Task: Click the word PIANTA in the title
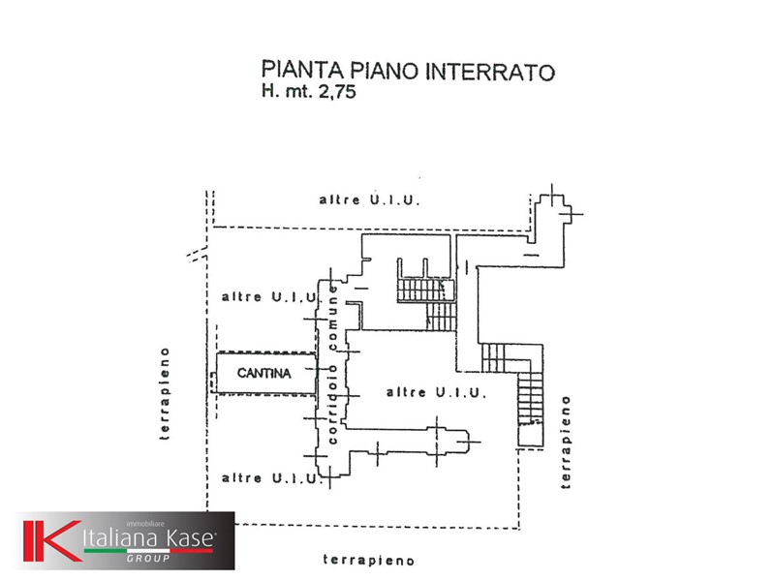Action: pyautogui.click(x=302, y=70)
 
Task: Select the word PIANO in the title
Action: pyautogui.click(x=384, y=71)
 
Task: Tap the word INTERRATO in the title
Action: pyautogui.click(x=490, y=72)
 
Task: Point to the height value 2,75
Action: pyautogui.click(x=337, y=92)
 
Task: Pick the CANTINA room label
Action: pyautogui.click(x=263, y=373)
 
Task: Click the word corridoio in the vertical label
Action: pyautogui.click(x=332, y=404)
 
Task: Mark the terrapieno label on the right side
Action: pyautogui.click(x=566, y=443)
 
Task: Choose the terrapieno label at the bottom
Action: pyautogui.click(x=369, y=560)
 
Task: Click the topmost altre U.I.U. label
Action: pyautogui.click(x=369, y=199)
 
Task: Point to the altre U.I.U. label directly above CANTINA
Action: pyautogui.click(x=270, y=297)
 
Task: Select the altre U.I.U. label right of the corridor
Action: pyautogui.click(x=436, y=392)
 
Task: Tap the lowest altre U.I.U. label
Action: pyautogui.click(x=270, y=477)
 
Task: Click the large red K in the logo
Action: pyautogui.click(x=52, y=541)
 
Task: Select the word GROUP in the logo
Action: pyautogui.click(x=148, y=559)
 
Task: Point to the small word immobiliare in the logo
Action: pyautogui.click(x=145, y=524)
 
